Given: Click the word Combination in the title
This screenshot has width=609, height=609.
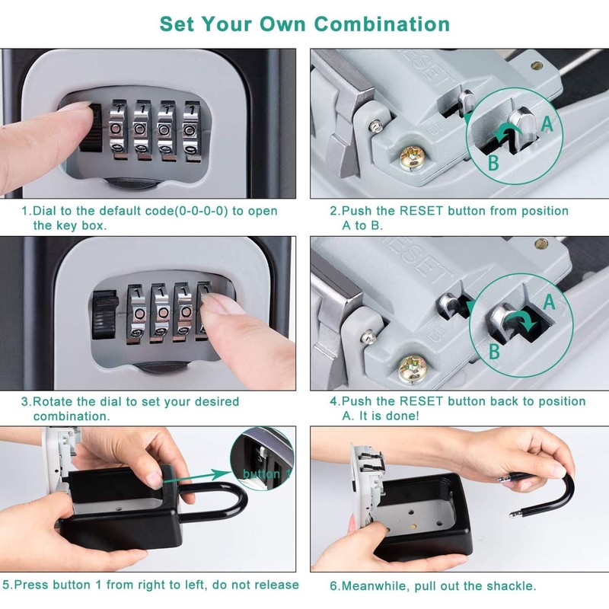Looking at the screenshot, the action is coord(382,24).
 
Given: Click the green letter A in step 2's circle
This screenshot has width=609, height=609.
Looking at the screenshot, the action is coord(547,124).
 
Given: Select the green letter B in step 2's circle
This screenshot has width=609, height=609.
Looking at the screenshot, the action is coord(493,163).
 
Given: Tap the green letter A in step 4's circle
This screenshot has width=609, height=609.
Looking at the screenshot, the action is coord(549,301).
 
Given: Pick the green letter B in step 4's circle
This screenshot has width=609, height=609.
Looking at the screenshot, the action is coord(494,352).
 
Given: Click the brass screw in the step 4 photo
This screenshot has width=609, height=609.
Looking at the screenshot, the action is coord(413,368).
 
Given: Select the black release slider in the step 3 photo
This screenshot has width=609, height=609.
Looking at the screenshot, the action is coord(105,314).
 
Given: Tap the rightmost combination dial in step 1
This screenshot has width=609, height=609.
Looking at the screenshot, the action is coord(192,131).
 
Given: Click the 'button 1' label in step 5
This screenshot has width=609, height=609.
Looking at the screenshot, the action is coord(267,473).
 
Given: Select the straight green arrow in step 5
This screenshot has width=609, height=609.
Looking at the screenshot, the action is coord(198,477).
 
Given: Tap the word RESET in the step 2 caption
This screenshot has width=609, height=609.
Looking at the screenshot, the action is coord(421,211).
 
